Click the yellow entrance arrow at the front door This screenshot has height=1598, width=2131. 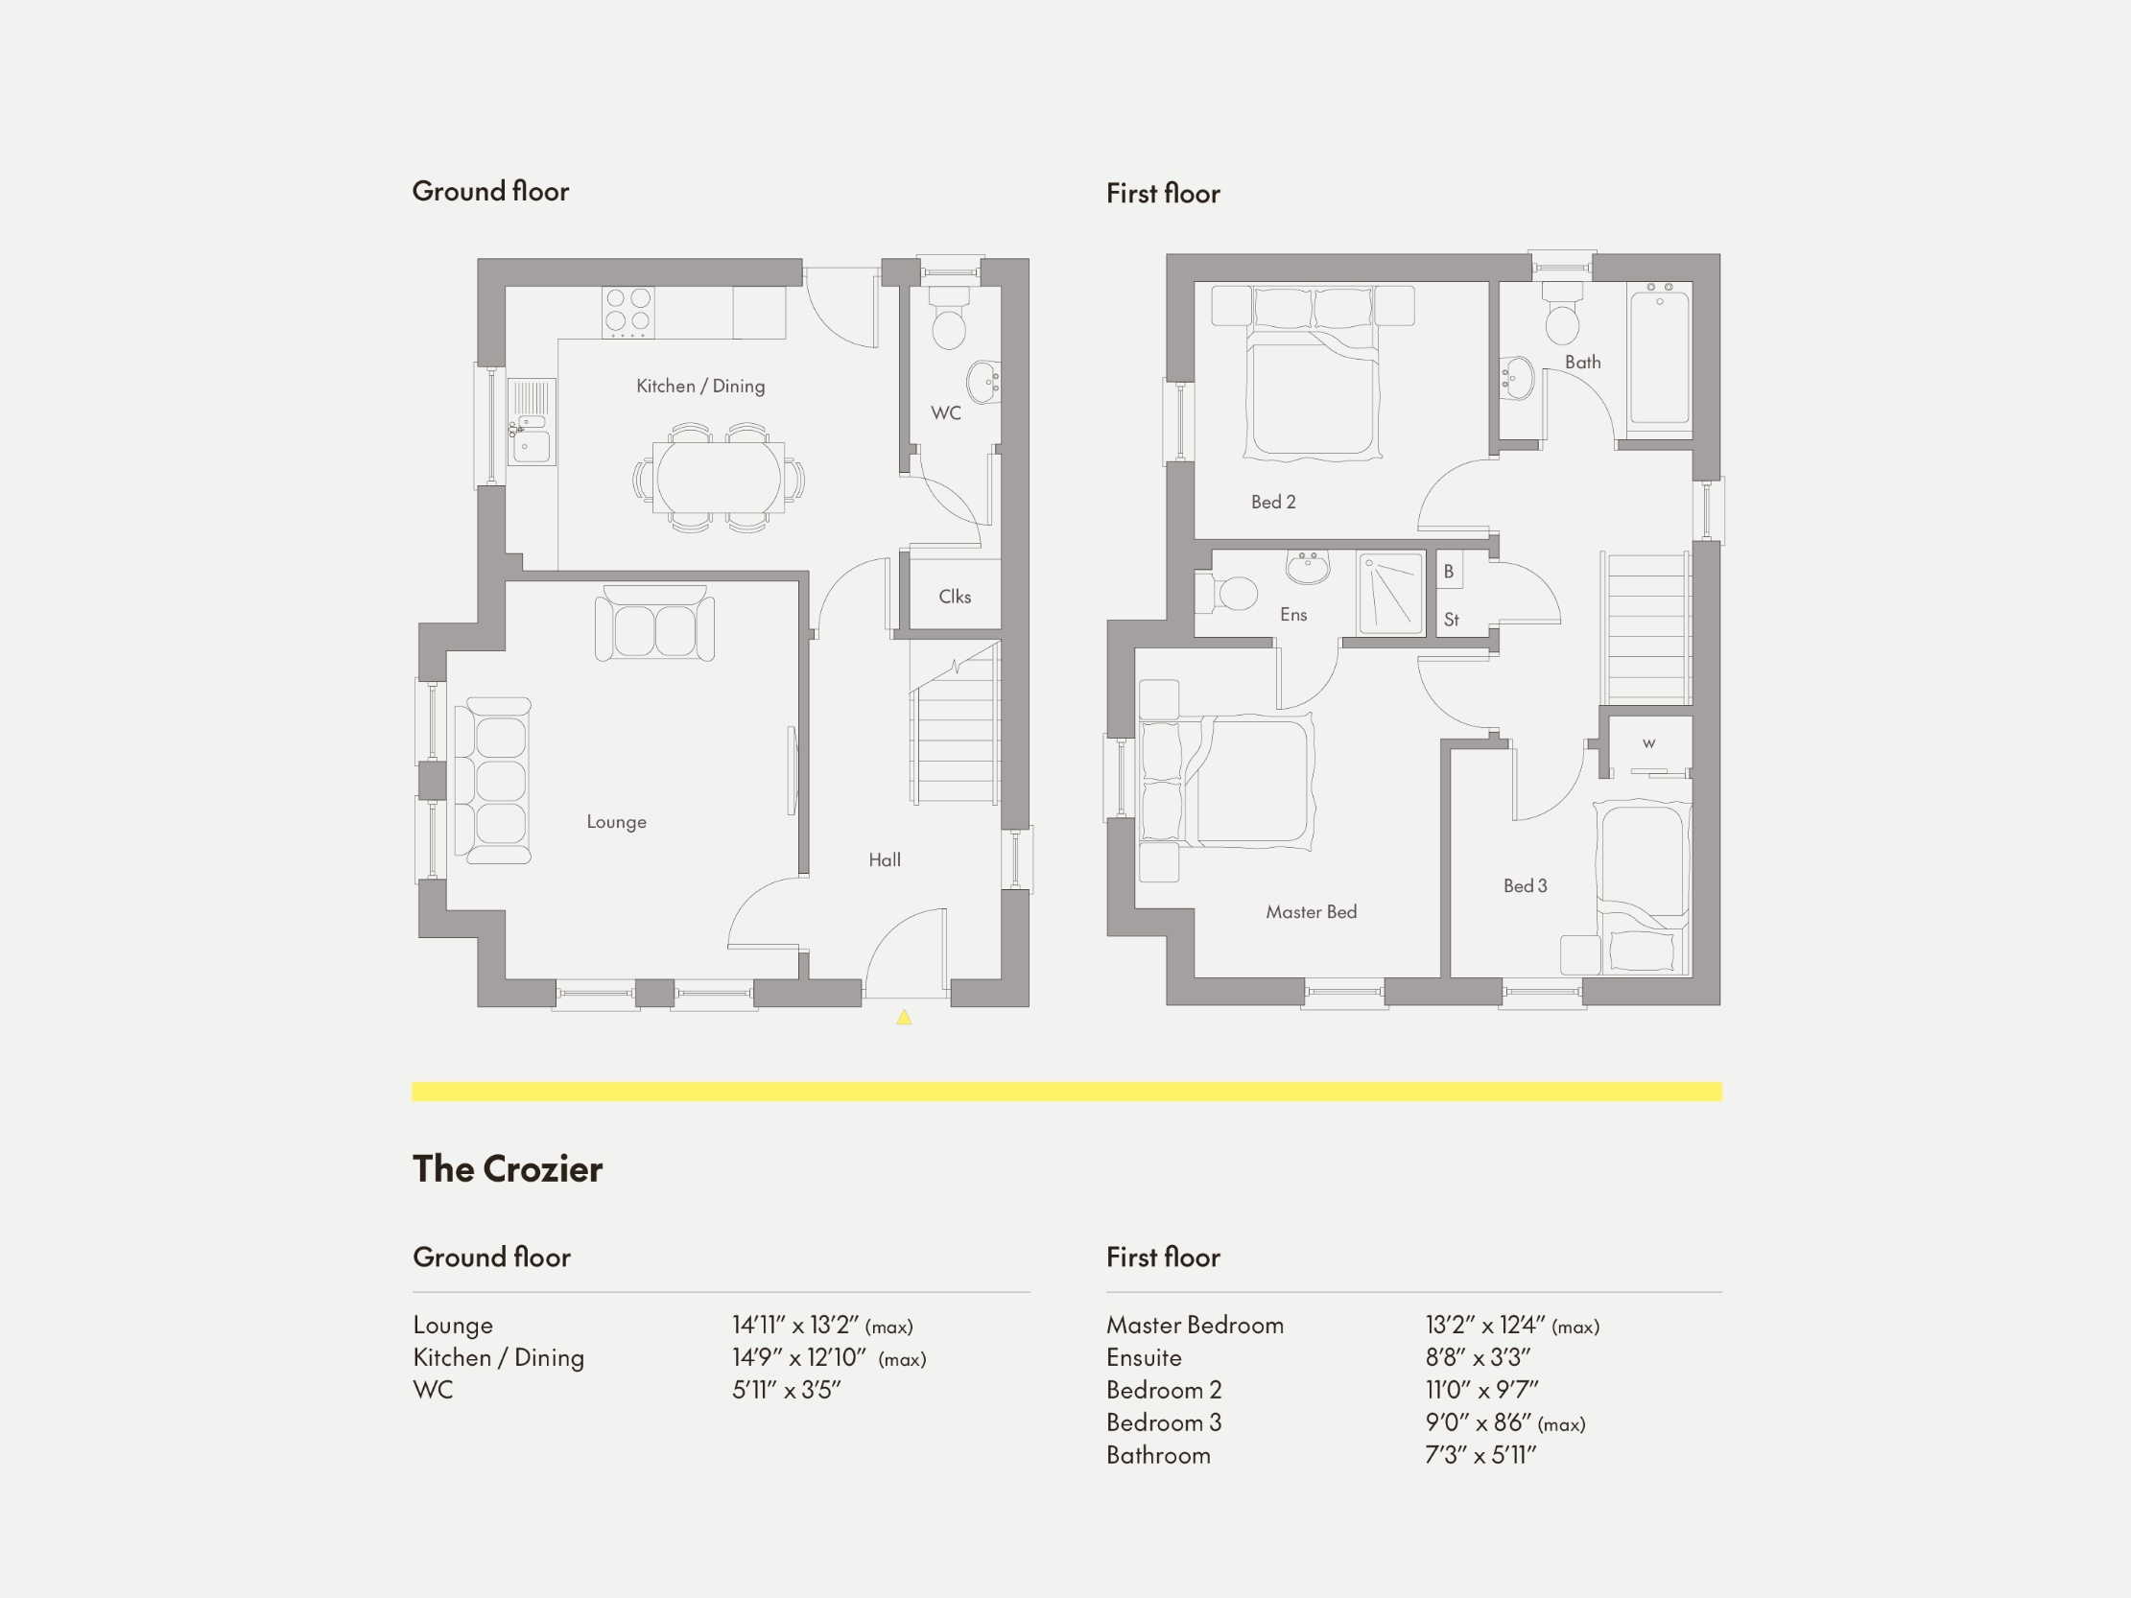(x=904, y=1017)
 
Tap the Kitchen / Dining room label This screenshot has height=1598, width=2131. (x=700, y=387)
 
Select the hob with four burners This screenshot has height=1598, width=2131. (x=628, y=311)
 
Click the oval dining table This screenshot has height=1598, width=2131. (x=718, y=477)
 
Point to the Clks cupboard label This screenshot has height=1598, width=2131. (x=955, y=598)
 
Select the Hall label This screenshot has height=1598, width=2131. (x=885, y=860)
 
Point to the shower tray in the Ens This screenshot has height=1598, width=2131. (x=1391, y=594)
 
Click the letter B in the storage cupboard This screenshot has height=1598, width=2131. (x=1448, y=572)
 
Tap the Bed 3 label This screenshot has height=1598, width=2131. (x=1525, y=886)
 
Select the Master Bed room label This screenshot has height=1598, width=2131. (x=1311, y=912)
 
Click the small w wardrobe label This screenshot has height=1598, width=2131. (x=1648, y=742)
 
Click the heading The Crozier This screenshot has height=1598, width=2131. (x=508, y=1169)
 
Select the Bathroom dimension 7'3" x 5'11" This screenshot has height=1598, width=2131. (x=1480, y=1455)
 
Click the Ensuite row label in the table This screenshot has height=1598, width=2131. (x=1144, y=1358)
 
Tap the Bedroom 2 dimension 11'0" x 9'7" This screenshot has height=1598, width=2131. (x=1480, y=1390)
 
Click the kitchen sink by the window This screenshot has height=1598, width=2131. (x=531, y=444)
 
